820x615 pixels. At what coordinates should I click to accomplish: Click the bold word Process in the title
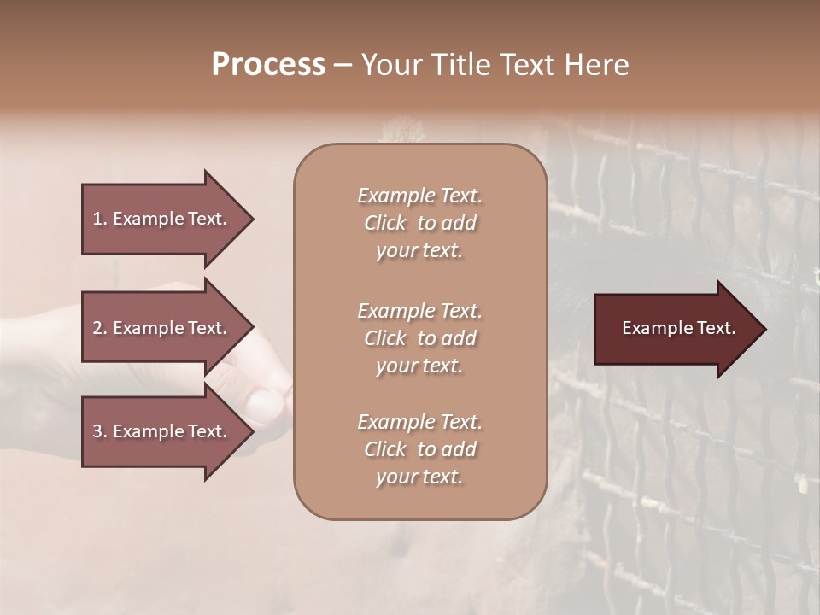tap(268, 64)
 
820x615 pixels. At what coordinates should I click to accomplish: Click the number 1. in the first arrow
tap(99, 219)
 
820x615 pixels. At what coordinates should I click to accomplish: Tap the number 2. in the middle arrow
tap(99, 328)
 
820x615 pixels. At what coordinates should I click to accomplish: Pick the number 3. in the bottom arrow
tap(99, 431)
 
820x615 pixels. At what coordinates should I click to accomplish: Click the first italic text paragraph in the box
tap(419, 223)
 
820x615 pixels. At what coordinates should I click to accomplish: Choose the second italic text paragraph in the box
tap(419, 338)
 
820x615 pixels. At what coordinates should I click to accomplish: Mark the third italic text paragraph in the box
tap(419, 449)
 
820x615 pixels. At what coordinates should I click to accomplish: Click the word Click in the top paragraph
tap(385, 223)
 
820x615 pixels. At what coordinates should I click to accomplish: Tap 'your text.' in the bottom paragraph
tap(419, 477)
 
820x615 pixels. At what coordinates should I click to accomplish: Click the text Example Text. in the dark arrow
tap(678, 328)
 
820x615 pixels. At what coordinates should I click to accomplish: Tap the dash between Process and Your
tap(343, 65)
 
